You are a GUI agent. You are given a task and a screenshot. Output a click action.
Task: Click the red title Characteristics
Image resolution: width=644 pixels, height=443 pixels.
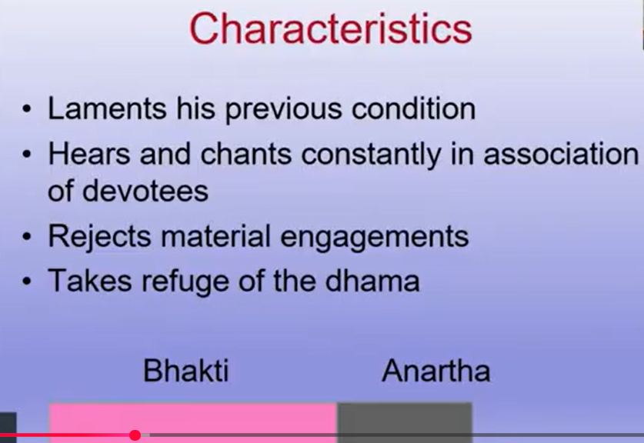coord(331,28)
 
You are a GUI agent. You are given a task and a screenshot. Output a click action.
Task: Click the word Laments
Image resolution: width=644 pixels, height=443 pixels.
coord(107,108)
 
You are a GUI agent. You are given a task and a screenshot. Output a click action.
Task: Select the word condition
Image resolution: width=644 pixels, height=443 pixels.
coord(414,108)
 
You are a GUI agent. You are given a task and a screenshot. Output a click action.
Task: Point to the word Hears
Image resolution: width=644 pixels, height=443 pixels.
coord(89,154)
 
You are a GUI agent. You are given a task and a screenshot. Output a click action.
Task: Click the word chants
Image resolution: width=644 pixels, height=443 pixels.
coord(246,154)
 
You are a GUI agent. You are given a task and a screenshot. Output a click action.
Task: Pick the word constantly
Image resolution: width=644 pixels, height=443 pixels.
coord(371,155)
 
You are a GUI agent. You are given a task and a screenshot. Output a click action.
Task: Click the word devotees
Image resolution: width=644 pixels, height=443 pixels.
coord(145,191)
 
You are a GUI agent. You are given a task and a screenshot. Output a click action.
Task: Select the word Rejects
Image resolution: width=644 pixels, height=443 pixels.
coord(100,236)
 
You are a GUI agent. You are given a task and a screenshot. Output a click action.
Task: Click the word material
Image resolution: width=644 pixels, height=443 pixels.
coord(215,236)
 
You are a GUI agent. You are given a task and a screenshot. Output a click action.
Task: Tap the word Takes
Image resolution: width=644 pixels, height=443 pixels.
coord(89,281)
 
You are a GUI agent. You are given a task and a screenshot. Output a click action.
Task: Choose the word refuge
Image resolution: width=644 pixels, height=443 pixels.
coord(185,282)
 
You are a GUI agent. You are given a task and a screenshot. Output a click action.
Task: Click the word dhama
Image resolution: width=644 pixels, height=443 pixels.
coord(372,281)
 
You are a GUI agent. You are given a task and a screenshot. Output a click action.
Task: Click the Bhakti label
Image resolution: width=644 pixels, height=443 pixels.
coord(185,371)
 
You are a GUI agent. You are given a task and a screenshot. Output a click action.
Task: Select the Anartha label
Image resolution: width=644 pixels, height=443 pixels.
coord(436,371)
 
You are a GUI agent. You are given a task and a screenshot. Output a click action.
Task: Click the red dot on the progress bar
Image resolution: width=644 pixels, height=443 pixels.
coord(135,435)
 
